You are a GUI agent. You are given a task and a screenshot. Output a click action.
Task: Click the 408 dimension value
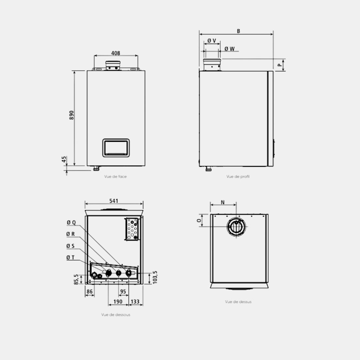pyautogui.click(x=116, y=53)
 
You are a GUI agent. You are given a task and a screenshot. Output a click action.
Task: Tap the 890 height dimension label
pyautogui.click(x=72, y=115)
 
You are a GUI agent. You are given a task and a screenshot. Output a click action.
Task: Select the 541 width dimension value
pyautogui.click(x=114, y=201)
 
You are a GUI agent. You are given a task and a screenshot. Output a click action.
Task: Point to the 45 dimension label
pyautogui.click(x=64, y=159)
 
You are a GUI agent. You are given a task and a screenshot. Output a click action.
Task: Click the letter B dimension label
pyautogui.click(x=239, y=31)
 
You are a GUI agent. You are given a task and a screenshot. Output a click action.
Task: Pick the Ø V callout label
pyautogui.click(x=212, y=41)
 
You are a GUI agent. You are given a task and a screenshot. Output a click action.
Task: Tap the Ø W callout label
pyautogui.click(x=230, y=49)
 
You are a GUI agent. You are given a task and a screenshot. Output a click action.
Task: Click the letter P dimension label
pyautogui.click(x=280, y=65)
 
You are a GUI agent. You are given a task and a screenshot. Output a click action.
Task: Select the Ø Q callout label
pyautogui.click(x=71, y=222)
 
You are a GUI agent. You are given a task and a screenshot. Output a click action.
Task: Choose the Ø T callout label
pyautogui.click(x=70, y=258)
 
